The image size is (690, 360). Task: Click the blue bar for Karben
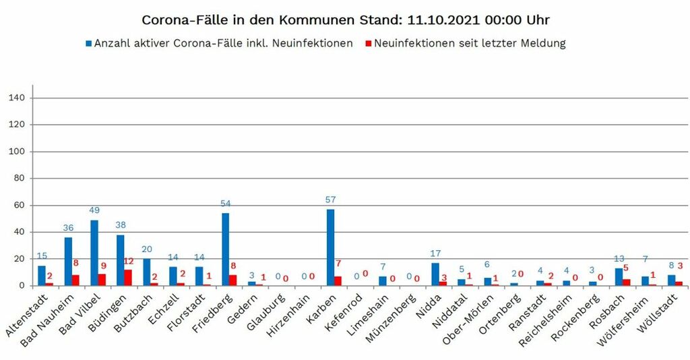[330, 247]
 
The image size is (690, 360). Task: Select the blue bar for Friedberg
[225, 249]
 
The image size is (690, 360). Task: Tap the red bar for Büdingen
[128, 278]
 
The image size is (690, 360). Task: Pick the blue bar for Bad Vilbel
[94, 253]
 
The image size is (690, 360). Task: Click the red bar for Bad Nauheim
[75, 280]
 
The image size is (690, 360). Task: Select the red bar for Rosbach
[626, 282]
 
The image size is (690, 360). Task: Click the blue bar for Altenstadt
[42, 276]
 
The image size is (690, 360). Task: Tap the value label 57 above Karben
[330, 200]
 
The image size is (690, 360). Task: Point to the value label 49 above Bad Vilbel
[94, 210]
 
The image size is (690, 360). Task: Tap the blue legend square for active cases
[88, 44]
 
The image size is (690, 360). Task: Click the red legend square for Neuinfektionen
[368, 44]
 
